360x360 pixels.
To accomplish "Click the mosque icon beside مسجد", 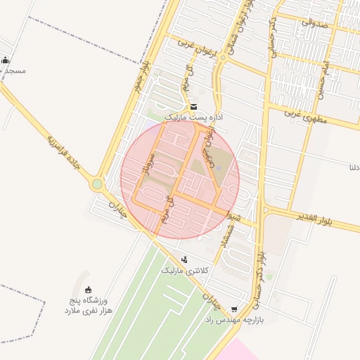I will pos(6,60).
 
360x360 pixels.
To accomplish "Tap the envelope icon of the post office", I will pos(194,106).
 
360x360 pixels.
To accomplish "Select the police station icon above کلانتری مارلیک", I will pos(185,260).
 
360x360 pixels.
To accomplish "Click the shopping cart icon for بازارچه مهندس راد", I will pos(234,309).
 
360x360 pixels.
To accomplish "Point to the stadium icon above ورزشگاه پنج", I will pos(88,290).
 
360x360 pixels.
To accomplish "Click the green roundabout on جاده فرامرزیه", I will pos(97,184).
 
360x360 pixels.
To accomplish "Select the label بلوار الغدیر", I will pos(329,219).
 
